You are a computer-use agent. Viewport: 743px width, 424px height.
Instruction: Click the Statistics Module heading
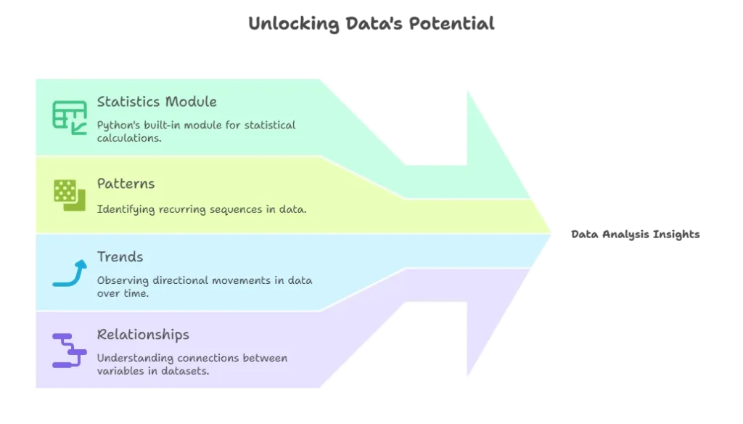tap(157, 102)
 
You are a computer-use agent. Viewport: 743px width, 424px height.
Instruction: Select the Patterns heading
tap(126, 184)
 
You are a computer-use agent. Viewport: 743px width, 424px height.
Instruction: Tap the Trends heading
tap(120, 257)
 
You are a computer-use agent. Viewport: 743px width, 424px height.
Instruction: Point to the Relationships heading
tap(143, 335)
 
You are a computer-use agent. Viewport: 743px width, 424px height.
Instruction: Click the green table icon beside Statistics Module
tap(69, 116)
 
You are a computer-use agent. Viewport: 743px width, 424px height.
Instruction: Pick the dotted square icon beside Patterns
tap(69, 195)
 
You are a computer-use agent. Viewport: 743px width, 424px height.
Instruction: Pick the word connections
tap(216, 358)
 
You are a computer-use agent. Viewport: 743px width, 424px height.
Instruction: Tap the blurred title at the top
tap(371, 23)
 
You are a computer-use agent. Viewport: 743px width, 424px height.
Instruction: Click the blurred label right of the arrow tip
tap(635, 235)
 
